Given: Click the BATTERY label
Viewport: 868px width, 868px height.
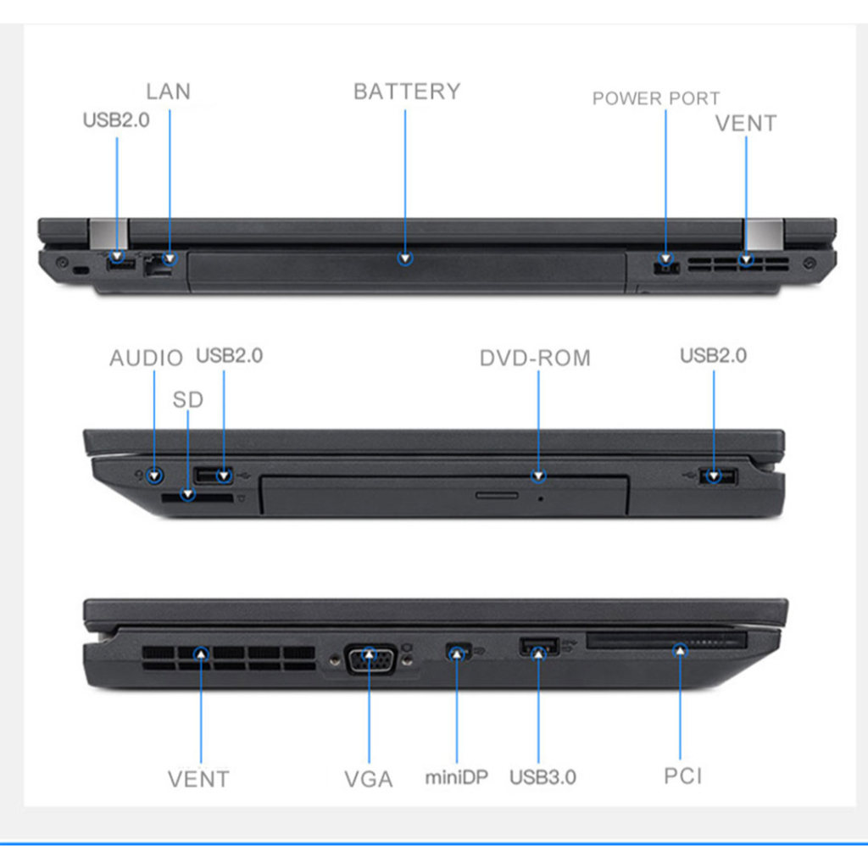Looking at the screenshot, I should click(406, 92).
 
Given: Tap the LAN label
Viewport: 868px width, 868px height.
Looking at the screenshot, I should click(168, 92).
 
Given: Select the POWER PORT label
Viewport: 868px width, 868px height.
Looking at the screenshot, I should click(655, 98).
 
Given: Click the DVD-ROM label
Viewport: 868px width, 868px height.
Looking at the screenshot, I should click(535, 358).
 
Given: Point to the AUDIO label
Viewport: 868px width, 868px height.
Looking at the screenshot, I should click(146, 358).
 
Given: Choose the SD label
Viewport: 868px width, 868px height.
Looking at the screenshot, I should click(188, 399).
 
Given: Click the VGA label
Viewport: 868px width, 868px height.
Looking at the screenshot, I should click(369, 779).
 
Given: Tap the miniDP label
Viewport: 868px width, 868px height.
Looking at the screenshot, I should click(456, 776).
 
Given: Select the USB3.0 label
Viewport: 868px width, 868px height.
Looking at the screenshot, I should click(542, 776).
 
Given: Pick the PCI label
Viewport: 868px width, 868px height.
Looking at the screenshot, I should click(682, 776).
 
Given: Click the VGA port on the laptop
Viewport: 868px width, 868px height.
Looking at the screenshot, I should click(370, 658).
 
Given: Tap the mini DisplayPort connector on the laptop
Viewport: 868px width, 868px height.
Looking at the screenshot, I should click(456, 653).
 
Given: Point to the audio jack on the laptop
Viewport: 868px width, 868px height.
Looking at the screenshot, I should click(153, 476).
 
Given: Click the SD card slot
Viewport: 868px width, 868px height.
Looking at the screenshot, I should click(197, 500).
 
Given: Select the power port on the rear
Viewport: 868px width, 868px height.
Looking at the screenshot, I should click(666, 265).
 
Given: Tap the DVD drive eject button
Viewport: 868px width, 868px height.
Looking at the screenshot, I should click(497, 494).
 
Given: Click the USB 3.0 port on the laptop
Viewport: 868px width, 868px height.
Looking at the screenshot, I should click(537, 647).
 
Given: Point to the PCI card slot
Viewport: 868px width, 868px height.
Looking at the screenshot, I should click(666, 641).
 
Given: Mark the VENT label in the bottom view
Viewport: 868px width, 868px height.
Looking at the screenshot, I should click(198, 778).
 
